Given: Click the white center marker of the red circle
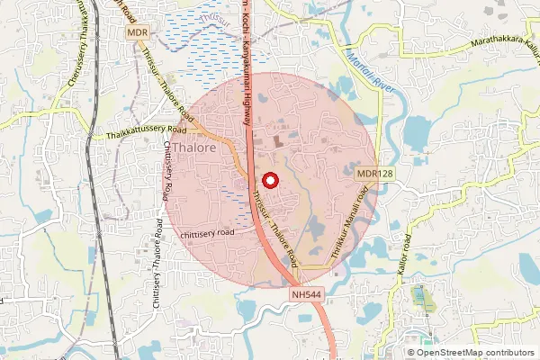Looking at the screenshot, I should pyautogui.click(x=269, y=181).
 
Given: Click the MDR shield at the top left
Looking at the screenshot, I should pyautogui.click(x=137, y=33).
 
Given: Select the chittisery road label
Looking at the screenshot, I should pyautogui.click(x=206, y=232).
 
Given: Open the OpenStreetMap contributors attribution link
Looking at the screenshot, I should pyautogui.click(x=475, y=353).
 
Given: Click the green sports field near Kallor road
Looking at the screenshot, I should pyautogui.click(x=420, y=298).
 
